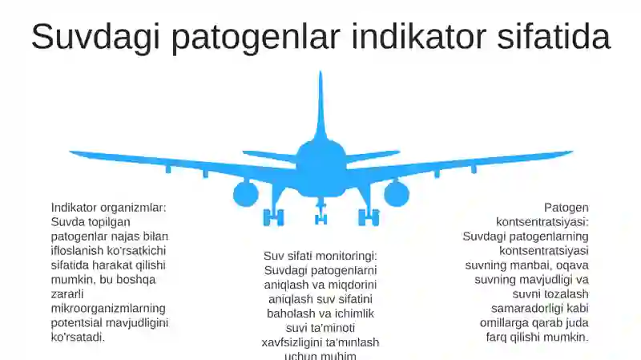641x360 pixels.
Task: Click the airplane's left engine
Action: tap(245, 193)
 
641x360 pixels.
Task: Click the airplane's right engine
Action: tap(396, 193)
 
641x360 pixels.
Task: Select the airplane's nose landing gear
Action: tap(320, 214)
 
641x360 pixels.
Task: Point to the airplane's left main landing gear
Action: tap(273, 216)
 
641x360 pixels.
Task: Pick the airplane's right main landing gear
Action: tap(369, 216)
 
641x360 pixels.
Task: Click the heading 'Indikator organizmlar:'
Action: tap(108, 208)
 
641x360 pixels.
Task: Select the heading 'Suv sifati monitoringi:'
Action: tap(320, 256)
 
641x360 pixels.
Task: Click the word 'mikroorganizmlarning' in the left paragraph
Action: tap(108, 309)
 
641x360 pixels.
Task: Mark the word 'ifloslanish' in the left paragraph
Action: tap(79, 251)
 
